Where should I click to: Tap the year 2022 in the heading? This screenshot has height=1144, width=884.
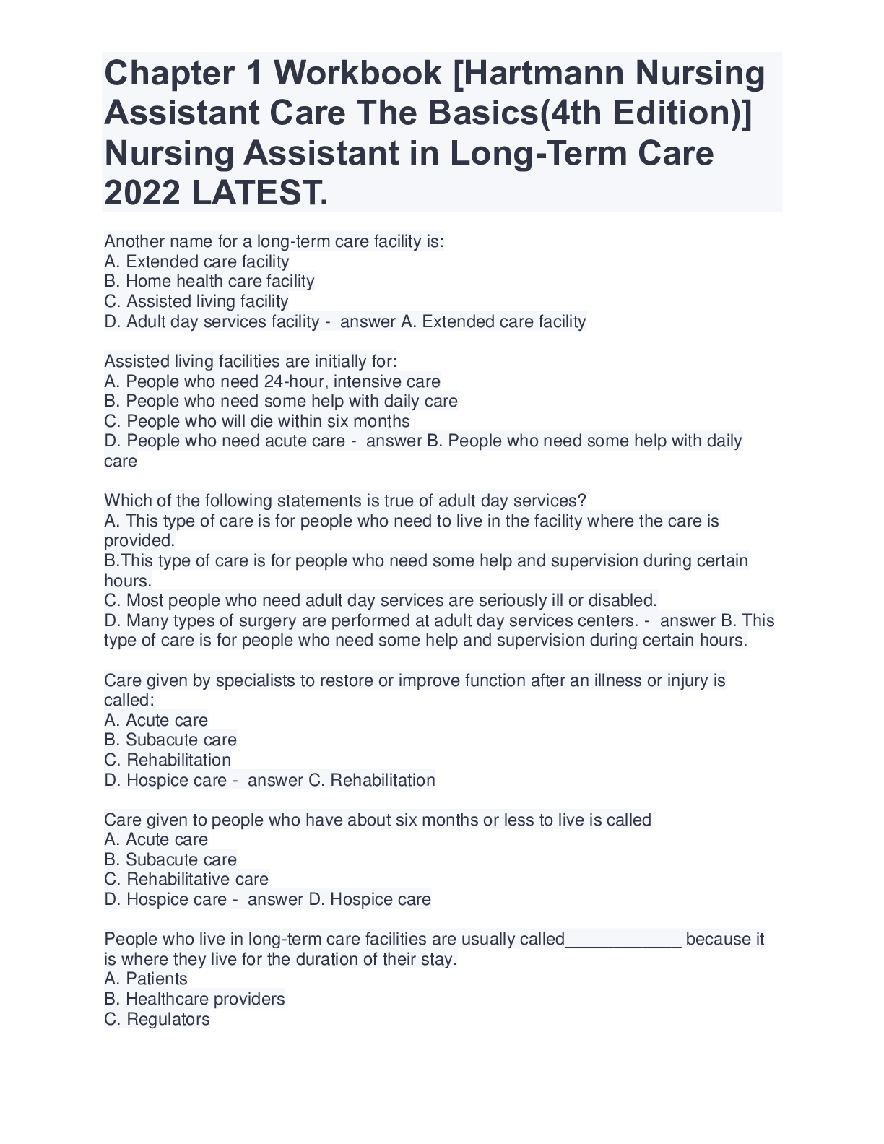point(141,193)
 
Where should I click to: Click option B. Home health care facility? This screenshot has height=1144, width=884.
point(209,281)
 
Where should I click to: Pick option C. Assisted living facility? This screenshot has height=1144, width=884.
point(196,301)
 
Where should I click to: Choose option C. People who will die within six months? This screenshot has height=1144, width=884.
point(257,421)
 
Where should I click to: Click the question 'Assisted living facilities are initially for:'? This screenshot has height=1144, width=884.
point(251,361)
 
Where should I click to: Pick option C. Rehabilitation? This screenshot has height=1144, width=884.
point(168,760)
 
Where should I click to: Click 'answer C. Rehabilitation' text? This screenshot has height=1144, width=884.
point(341,780)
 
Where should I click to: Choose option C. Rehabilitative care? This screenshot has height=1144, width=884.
point(186,879)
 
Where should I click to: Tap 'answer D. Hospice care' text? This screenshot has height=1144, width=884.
point(339,899)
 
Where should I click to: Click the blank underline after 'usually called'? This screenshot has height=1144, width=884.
point(623,940)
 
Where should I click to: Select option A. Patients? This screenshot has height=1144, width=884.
point(146,979)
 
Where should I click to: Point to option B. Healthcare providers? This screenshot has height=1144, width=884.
point(194,999)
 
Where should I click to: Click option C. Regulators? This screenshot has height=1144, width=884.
point(157,1019)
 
